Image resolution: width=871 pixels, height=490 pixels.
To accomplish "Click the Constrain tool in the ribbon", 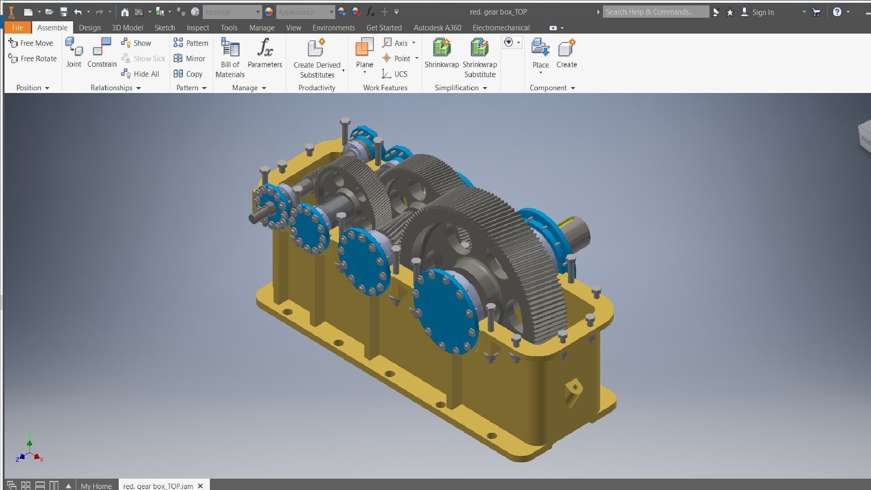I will click(102, 53).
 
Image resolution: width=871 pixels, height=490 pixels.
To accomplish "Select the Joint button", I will click(73, 53).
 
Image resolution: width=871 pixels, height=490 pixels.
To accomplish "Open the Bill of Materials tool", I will click(230, 57).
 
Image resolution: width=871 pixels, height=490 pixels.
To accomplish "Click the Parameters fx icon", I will click(265, 47).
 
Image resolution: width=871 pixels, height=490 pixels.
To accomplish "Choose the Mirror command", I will click(190, 59).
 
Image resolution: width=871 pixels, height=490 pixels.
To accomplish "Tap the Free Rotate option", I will click(32, 59).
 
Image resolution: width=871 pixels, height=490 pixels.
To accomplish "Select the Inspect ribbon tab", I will click(198, 28).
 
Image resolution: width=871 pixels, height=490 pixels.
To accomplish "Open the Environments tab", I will click(333, 28).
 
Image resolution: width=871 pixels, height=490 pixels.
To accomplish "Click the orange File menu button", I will click(18, 28).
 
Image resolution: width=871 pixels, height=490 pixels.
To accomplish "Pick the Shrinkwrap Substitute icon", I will click(480, 47).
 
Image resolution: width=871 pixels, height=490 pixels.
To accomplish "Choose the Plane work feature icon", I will click(364, 47).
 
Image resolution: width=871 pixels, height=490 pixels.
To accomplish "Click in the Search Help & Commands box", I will click(656, 12).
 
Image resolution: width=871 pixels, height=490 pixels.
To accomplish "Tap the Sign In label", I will click(763, 12).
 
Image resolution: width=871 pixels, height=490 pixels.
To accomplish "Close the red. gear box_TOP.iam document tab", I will click(201, 485).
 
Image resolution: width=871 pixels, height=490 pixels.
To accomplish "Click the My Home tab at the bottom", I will click(96, 485).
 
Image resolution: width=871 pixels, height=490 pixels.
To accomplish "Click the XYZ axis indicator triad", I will click(29, 452).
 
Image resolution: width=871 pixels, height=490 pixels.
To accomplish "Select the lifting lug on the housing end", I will click(574, 391).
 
